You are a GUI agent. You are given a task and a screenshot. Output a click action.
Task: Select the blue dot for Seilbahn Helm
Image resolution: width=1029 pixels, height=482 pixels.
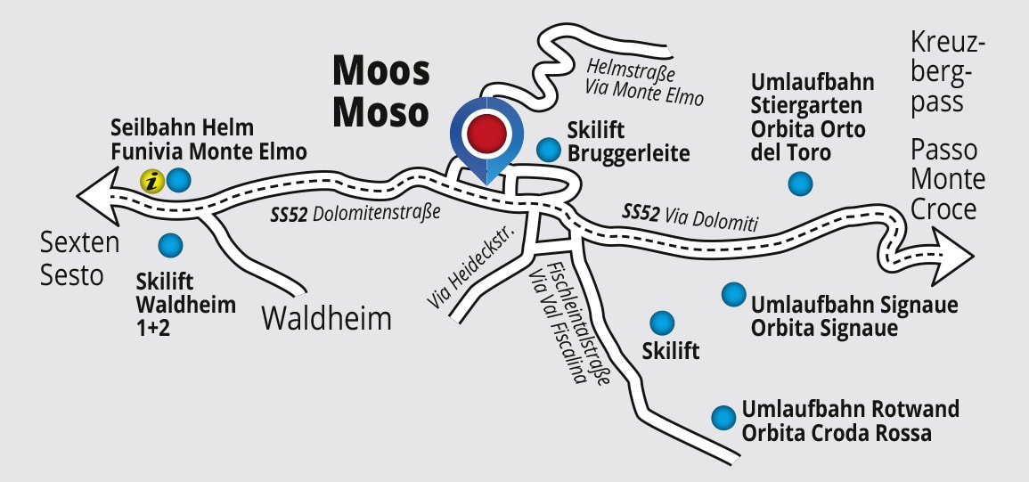(179, 181)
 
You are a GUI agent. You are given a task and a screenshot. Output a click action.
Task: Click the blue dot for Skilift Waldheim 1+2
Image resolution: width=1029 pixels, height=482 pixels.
(169, 244)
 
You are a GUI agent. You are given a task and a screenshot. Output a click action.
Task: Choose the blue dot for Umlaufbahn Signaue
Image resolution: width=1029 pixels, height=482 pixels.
(733, 293)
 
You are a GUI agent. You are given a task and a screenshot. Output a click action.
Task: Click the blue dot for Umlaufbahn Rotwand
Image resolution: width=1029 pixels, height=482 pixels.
(723, 416)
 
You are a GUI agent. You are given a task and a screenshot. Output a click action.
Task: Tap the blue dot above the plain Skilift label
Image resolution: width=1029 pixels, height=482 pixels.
(662, 323)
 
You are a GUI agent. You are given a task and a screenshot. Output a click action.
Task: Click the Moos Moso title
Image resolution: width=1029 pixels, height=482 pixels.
(381, 92)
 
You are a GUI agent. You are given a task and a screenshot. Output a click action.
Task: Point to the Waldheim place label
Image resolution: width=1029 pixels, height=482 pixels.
(327, 318)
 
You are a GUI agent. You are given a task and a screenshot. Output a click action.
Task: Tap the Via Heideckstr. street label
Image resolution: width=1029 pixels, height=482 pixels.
(468, 268)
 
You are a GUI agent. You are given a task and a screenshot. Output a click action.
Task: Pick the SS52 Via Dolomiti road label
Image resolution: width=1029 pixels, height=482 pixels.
(690, 217)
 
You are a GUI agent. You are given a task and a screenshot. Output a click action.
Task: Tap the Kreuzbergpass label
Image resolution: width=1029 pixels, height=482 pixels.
(948, 73)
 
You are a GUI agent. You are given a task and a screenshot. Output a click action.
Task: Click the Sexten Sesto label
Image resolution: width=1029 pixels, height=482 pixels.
(73, 257)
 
